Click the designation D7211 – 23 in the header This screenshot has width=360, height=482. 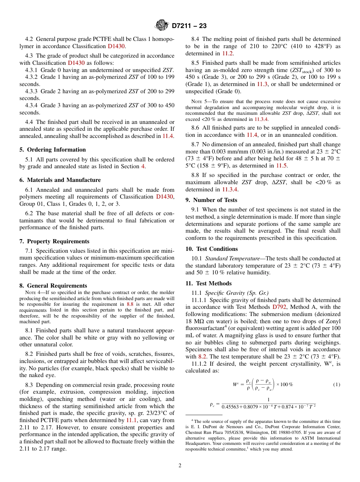pyautogui.click(x=189, y=26)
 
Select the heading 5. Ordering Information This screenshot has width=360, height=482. pyautogui.click(x=53, y=150)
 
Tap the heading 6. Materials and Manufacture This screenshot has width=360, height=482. pyautogui.click(x=60, y=180)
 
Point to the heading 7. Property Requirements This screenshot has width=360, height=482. pyautogui.click(x=55, y=241)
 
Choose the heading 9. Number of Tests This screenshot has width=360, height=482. pyautogui.click(x=211, y=200)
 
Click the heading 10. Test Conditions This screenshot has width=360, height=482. pyautogui.click(x=211, y=249)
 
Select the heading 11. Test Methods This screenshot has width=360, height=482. pyautogui.click(x=208, y=283)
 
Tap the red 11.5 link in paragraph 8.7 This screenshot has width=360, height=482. pyautogui.click(x=282, y=166)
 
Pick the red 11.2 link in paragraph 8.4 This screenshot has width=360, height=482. pyautogui.click(x=227, y=53)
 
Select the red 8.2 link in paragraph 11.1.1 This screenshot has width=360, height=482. pyautogui.click(x=202, y=357)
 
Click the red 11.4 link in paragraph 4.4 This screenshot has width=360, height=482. pyautogui.click(x=168, y=136)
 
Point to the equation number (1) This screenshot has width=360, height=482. pyautogui.click(x=337, y=385)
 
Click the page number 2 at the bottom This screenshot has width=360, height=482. pyautogui.click(x=180, y=466)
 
